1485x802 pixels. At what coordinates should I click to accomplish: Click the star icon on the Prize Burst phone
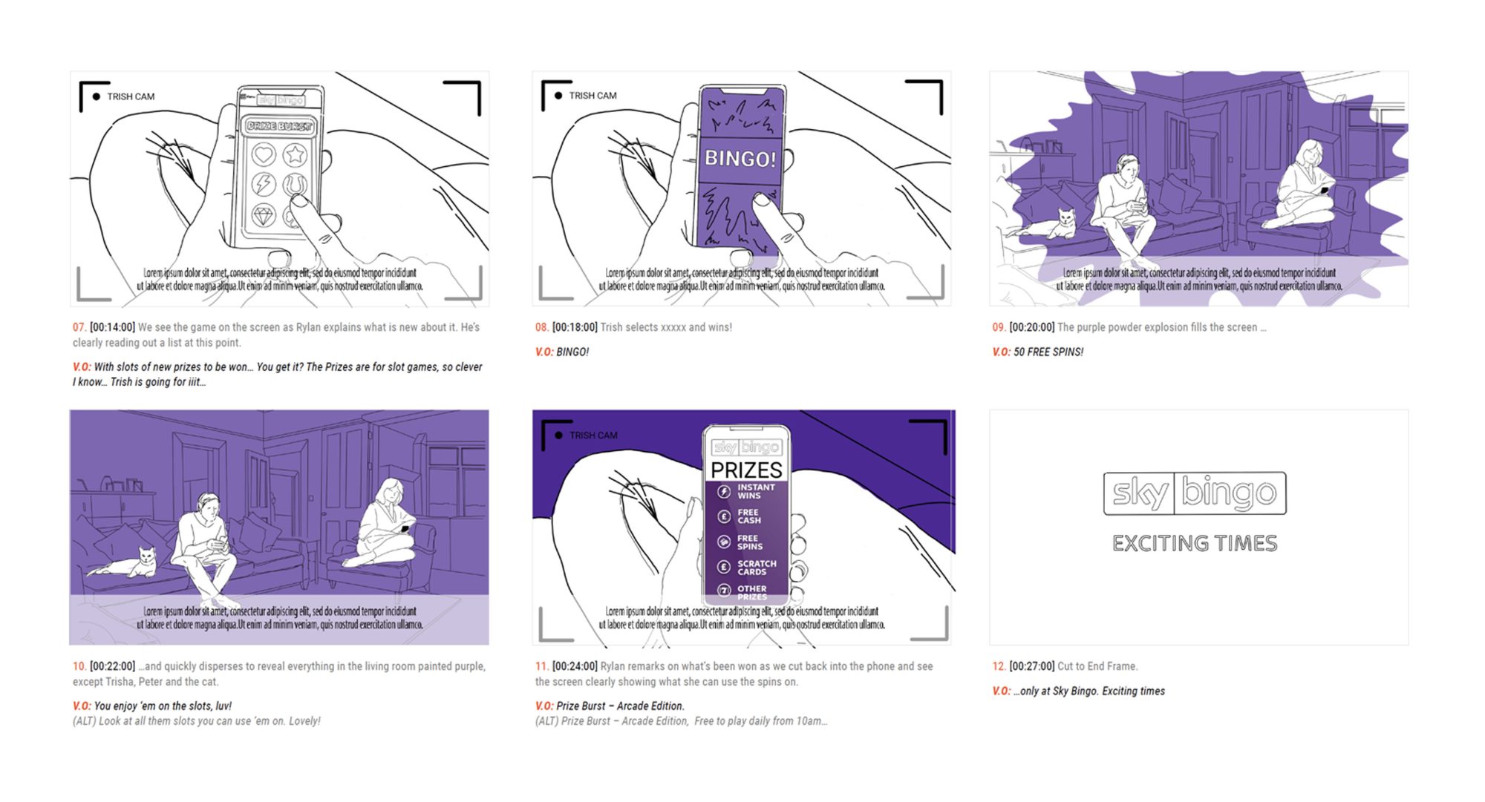point(296,155)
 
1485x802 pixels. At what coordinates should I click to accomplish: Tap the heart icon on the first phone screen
point(264,155)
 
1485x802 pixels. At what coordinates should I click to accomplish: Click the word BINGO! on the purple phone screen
point(740,159)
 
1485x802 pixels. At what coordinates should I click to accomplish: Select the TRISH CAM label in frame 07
point(131,96)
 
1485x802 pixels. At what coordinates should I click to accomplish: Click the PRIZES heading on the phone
point(746,470)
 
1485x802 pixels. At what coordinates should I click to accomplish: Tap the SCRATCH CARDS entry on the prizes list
point(756,568)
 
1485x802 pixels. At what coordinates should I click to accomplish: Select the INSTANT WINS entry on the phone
point(755,491)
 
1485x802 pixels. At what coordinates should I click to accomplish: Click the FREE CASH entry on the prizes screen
point(748,516)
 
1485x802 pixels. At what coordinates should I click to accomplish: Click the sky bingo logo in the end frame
point(1195,493)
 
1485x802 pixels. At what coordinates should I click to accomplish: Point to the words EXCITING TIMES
point(1195,543)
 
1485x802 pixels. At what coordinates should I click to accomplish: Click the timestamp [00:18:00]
point(575,327)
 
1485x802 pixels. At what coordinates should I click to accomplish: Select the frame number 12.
point(999,666)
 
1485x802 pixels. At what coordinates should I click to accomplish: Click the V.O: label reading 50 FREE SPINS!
point(1002,352)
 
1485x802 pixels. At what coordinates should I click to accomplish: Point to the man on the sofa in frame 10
point(204,542)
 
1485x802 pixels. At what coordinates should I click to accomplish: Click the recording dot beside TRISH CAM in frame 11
point(558,435)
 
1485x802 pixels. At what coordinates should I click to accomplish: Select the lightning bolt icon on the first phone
point(264,184)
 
